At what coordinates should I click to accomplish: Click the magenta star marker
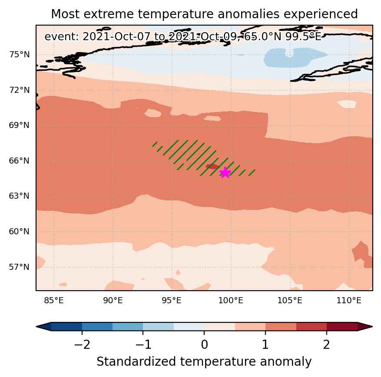pyautogui.click(x=225, y=173)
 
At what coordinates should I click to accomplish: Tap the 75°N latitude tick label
pyautogui.click(x=20, y=55)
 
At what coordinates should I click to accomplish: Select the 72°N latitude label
pyautogui.click(x=20, y=90)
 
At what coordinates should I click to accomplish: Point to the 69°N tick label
pyautogui.click(x=19, y=125)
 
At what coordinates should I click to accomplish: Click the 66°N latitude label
pyautogui.click(x=19, y=161)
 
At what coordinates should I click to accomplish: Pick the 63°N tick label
pyautogui.click(x=19, y=196)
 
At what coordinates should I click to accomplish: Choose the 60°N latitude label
pyautogui.click(x=19, y=231)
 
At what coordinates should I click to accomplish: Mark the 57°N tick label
pyautogui.click(x=19, y=267)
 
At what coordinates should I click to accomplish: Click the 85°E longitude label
pyautogui.click(x=54, y=301)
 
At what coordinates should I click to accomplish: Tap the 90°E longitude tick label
pyautogui.click(x=113, y=301)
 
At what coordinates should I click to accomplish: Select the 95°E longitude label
pyautogui.click(x=172, y=301)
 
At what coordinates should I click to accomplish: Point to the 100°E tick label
pyautogui.click(x=231, y=301)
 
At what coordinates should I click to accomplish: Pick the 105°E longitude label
pyautogui.click(x=290, y=301)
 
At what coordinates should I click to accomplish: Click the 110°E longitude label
pyautogui.click(x=349, y=301)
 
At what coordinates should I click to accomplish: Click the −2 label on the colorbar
pyautogui.click(x=82, y=344)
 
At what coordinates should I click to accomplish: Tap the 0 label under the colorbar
pyautogui.click(x=204, y=344)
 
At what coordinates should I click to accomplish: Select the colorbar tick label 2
pyautogui.click(x=327, y=344)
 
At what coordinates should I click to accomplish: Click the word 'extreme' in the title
pyautogui.click(x=109, y=14)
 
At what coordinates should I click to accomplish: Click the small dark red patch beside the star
pyautogui.click(x=212, y=167)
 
